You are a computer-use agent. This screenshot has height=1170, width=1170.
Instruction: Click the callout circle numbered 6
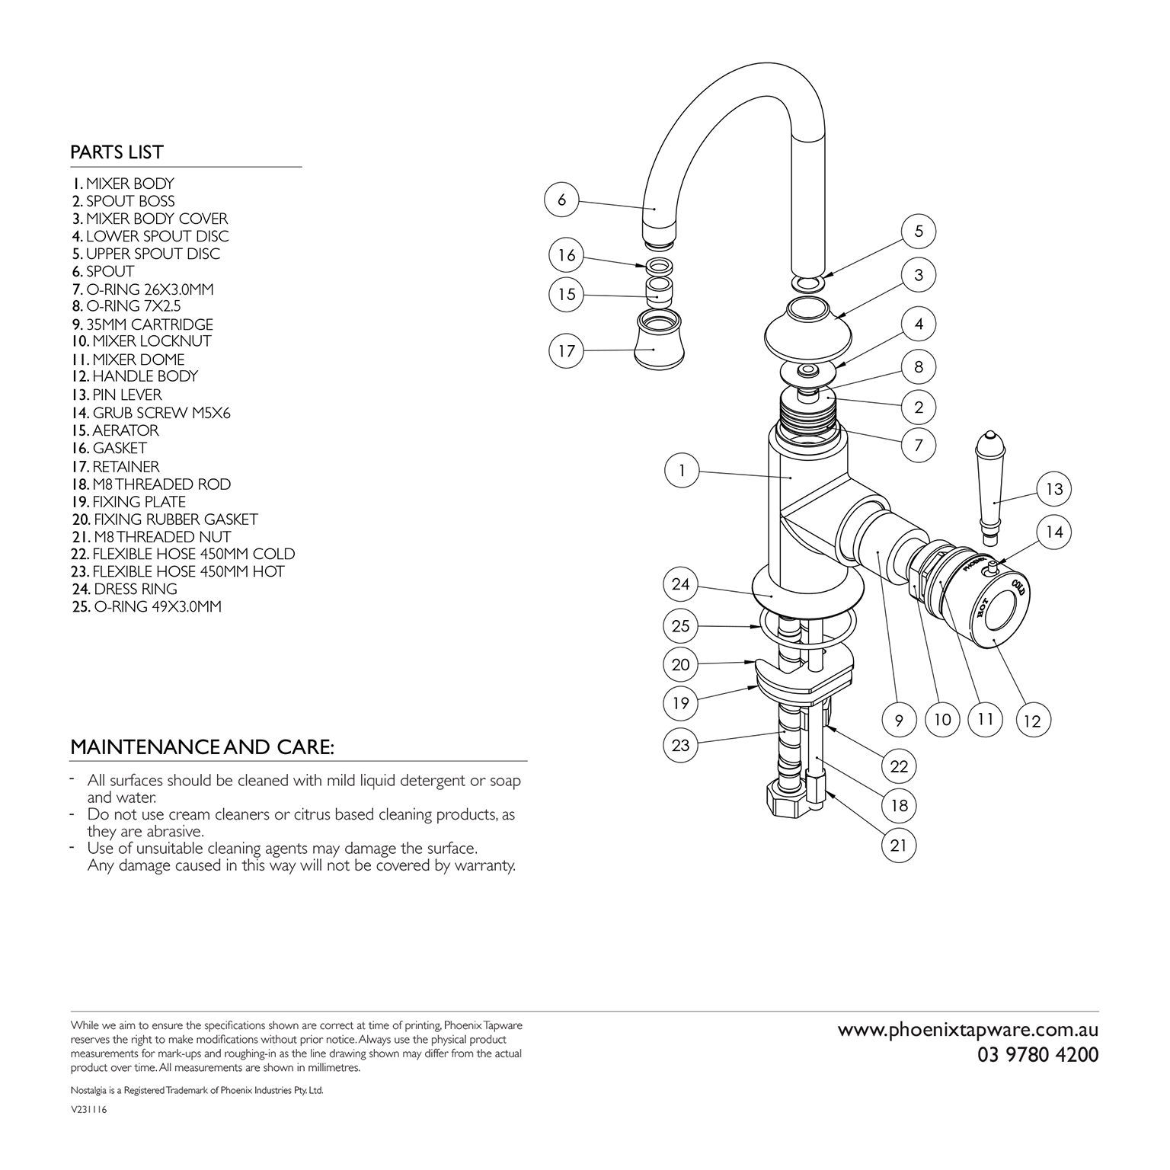[562, 200]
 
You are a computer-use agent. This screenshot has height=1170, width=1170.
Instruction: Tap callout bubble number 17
[567, 351]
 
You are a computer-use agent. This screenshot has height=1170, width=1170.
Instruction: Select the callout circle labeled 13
[1053, 489]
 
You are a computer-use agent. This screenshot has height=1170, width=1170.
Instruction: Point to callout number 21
[899, 845]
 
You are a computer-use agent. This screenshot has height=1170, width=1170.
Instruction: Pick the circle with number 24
[681, 584]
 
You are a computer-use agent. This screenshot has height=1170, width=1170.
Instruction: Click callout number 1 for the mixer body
[682, 471]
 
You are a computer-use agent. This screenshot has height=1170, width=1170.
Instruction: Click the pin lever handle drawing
[989, 488]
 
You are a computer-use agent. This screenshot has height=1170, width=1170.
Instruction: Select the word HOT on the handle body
[983, 608]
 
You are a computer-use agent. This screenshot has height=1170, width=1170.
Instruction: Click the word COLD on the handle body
[1017, 590]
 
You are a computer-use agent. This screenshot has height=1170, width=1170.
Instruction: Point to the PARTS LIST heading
[117, 152]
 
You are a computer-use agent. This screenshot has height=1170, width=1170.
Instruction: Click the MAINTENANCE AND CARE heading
[202, 747]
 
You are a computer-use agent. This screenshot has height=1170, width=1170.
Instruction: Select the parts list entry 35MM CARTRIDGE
[142, 324]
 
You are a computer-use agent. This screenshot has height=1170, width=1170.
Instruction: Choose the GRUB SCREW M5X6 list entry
[151, 413]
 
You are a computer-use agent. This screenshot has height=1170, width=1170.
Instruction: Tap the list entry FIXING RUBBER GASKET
[165, 519]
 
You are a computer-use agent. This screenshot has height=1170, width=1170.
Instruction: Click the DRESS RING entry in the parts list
[124, 590]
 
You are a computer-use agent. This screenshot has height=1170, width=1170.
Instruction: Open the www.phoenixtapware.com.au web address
[968, 1031]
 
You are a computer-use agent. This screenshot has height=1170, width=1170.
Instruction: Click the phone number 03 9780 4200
[1038, 1055]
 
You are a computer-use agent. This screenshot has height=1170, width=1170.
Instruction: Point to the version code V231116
[88, 1111]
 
